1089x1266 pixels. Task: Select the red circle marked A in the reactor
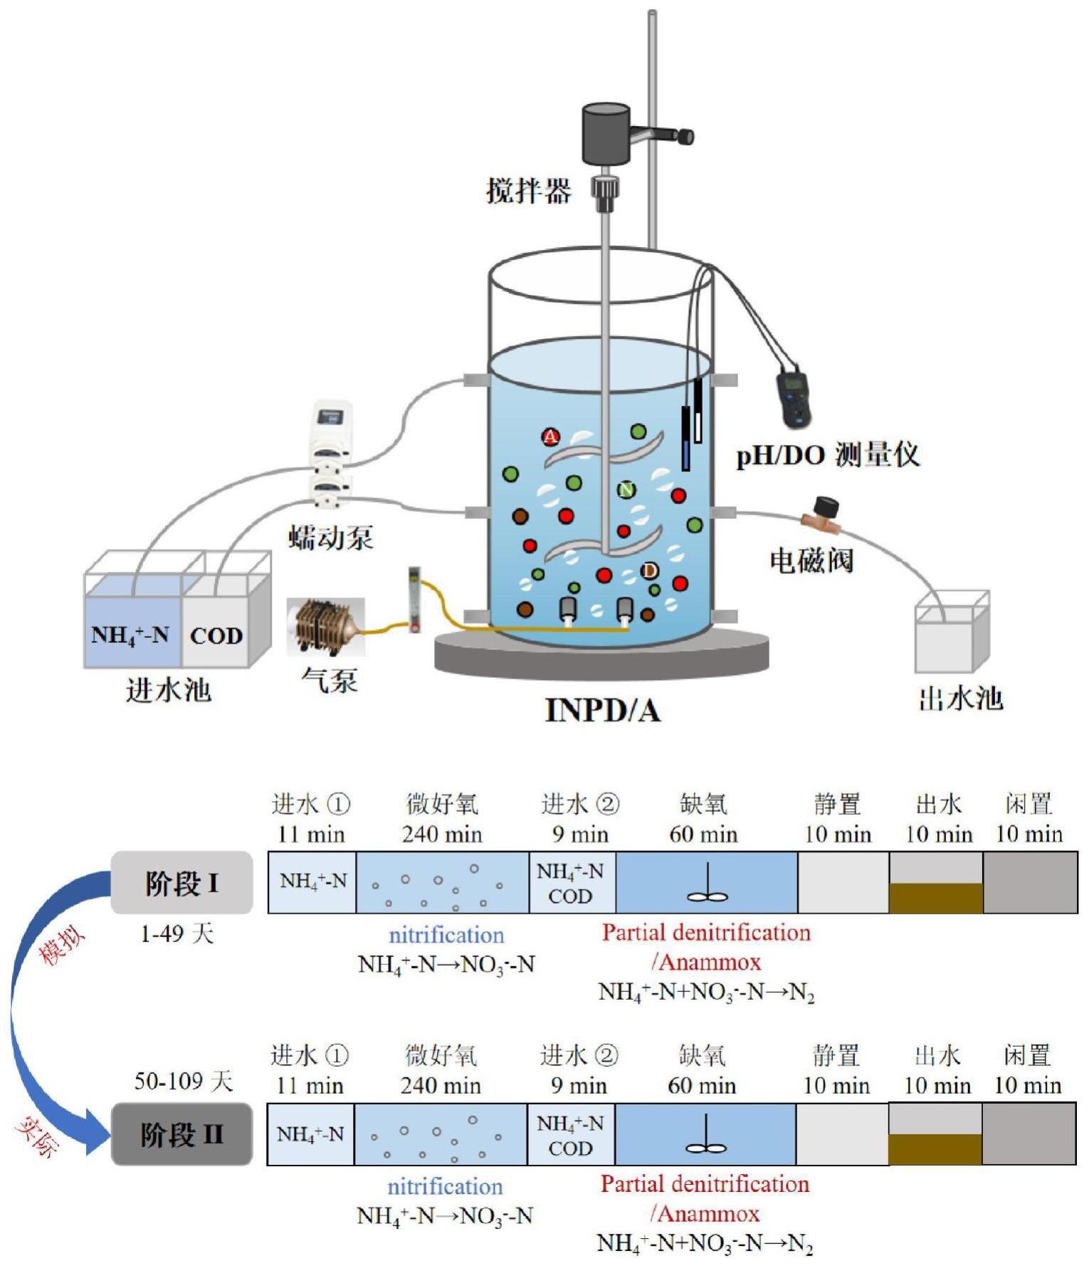tap(551, 436)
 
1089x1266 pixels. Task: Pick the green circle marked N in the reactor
tap(626, 490)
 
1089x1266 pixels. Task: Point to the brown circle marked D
tap(649, 570)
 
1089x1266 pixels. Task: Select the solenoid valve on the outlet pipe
tap(822, 514)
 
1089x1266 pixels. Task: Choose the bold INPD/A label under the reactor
tap(603, 711)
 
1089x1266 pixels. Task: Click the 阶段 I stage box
tap(182, 883)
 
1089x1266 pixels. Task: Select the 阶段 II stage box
tap(182, 1134)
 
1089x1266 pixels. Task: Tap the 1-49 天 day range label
tap(177, 933)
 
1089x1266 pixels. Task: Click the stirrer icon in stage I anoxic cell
tap(707, 886)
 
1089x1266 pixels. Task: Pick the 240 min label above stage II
tap(441, 1086)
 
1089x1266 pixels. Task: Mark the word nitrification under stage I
tap(446, 935)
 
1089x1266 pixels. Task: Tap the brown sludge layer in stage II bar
tap(935, 1149)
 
